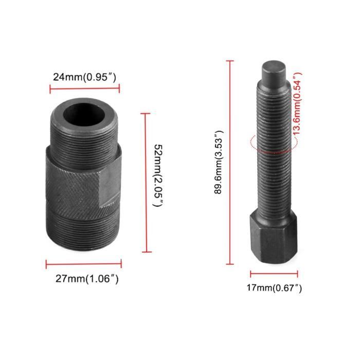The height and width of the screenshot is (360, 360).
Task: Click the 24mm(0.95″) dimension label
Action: pyautogui.click(x=85, y=77)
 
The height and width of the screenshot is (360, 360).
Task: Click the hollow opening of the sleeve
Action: pyautogui.click(x=83, y=112)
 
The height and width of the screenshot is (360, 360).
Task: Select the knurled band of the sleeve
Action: pyautogui.click(x=72, y=185)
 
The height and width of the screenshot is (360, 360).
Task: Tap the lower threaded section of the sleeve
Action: pyautogui.click(x=82, y=231)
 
